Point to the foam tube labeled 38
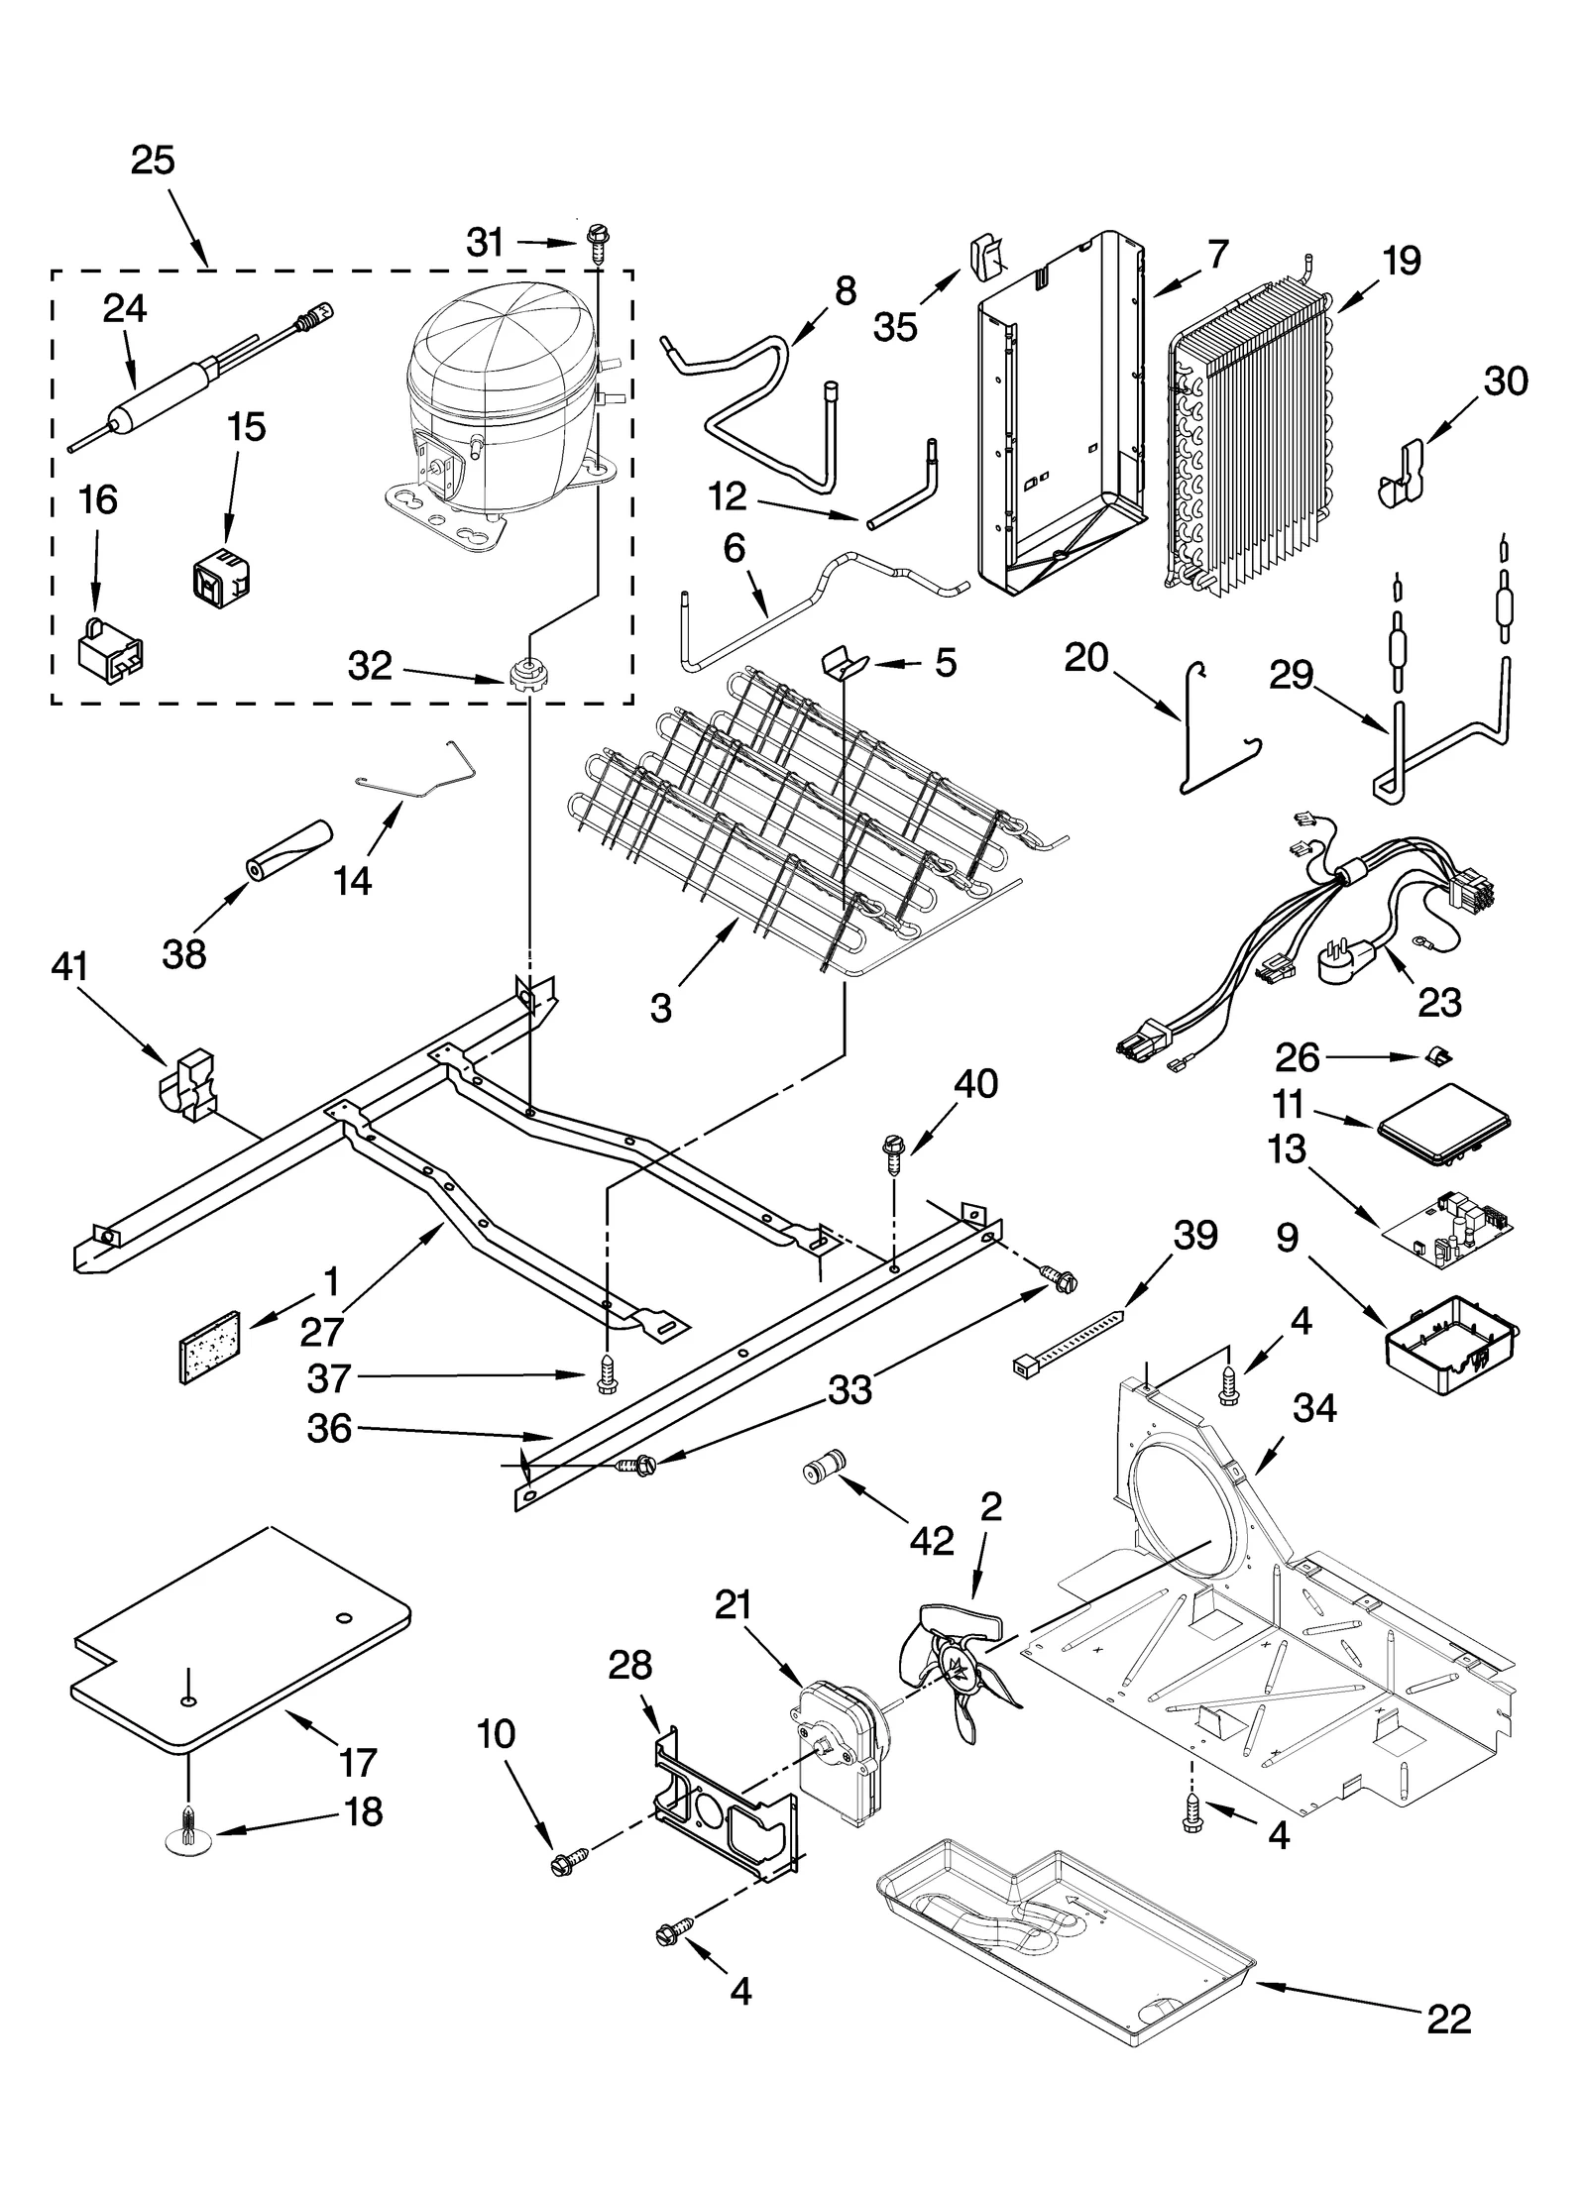click(287, 848)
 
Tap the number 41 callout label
click(68, 966)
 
